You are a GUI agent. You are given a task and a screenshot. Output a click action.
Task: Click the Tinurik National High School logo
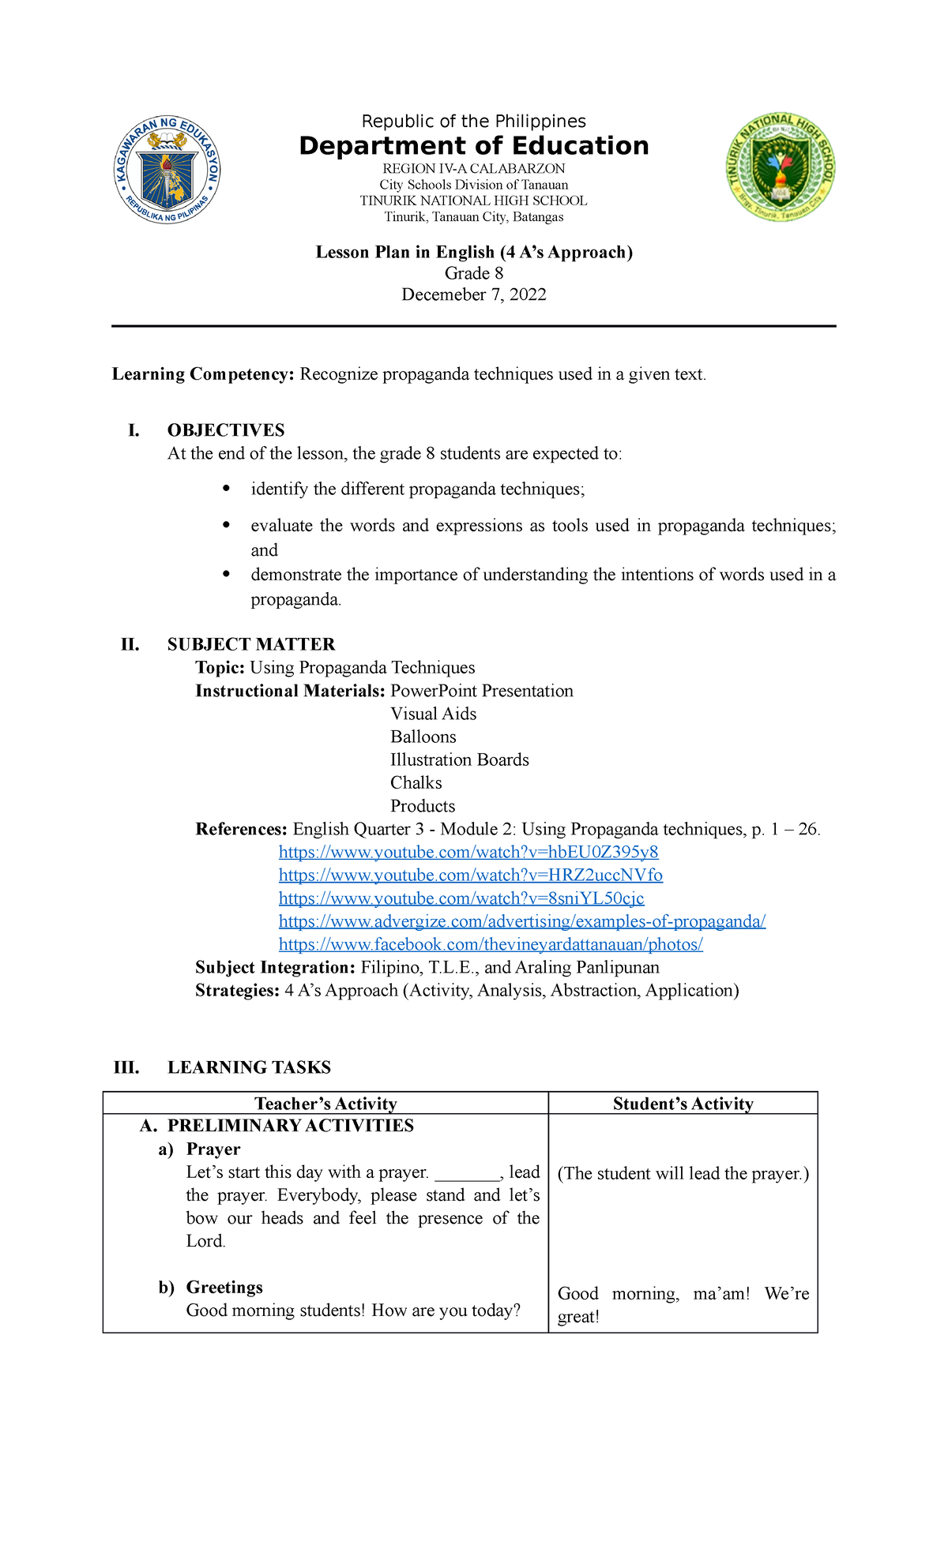click(x=781, y=167)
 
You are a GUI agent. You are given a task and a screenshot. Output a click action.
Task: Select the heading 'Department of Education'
click(x=473, y=146)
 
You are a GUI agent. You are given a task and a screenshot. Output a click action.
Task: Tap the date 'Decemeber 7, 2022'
click(x=473, y=294)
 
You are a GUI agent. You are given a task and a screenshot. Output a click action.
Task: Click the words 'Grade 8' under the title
click(x=473, y=273)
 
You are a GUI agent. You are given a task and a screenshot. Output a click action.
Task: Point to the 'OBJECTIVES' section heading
click(x=226, y=430)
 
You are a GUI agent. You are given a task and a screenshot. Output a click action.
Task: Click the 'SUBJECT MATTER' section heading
click(x=251, y=644)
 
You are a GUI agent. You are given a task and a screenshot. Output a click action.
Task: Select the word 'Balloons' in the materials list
click(x=423, y=737)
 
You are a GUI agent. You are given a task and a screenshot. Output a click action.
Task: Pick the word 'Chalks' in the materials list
click(x=416, y=782)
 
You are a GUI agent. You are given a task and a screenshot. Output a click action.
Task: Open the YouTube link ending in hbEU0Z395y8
click(x=468, y=852)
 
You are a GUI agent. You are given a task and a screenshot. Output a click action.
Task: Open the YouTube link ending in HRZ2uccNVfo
click(x=471, y=875)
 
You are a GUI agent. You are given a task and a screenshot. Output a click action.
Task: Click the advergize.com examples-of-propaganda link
click(x=522, y=921)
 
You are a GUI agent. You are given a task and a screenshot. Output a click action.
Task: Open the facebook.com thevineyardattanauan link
click(x=491, y=944)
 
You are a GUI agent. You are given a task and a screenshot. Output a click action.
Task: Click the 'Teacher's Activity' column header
click(x=325, y=1104)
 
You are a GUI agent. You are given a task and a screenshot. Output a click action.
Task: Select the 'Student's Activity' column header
click(x=683, y=1104)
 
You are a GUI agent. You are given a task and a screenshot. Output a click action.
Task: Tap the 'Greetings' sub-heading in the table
click(x=224, y=1287)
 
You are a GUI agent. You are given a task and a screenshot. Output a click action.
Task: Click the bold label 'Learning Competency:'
click(x=203, y=374)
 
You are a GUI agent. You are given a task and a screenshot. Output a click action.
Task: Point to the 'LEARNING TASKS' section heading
click(x=249, y=1067)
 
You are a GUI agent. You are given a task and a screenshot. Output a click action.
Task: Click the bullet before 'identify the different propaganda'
click(x=227, y=489)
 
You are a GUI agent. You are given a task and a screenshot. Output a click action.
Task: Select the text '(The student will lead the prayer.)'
click(x=683, y=1173)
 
